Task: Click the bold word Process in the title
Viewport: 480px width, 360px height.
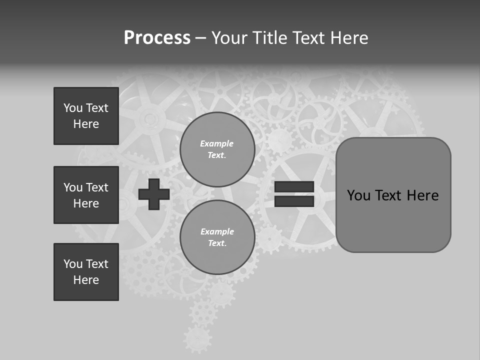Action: (157, 38)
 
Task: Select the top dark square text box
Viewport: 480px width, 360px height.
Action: (86, 116)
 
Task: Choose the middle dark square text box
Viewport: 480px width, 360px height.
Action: (86, 195)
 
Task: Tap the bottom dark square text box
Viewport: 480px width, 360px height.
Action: (86, 272)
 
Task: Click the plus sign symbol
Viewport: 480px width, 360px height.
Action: (154, 194)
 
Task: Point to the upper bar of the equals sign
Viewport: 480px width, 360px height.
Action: (294, 186)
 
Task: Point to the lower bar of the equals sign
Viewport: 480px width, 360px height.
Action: (294, 201)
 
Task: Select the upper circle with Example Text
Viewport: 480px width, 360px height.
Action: (217, 149)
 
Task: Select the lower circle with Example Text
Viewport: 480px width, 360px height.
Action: (217, 237)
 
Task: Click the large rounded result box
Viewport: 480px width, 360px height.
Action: (393, 195)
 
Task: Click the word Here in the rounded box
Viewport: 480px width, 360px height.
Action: (422, 195)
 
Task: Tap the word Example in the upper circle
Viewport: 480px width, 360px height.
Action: (216, 143)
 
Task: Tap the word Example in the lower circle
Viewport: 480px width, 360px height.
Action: (217, 231)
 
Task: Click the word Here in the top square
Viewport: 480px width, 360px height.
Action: (86, 124)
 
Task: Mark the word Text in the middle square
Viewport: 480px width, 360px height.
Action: (97, 187)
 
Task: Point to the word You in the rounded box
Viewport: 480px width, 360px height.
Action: (358, 195)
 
